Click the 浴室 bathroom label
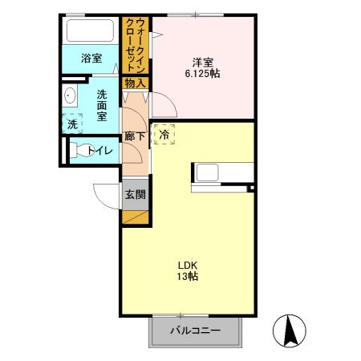click(91, 58)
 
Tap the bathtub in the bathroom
click(91, 32)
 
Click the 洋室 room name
click(201, 61)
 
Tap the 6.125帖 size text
click(201, 73)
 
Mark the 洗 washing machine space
click(71, 124)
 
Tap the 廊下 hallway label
click(134, 136)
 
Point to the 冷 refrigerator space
click(164, 135)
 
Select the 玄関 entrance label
click(135, 193)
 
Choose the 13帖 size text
click(189, 277)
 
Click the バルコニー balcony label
click(194, 331)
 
